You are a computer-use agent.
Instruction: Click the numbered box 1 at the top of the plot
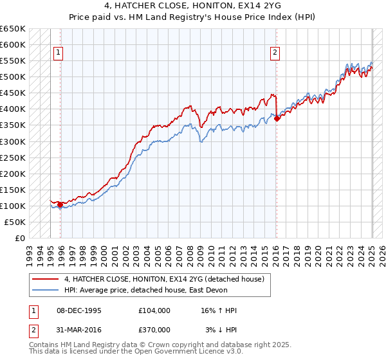[x=58, y=53]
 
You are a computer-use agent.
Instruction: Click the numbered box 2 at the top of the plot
[x=275, y=53]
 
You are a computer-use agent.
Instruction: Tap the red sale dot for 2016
[x=277, y=118]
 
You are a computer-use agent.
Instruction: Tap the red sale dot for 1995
[x=60, y=204]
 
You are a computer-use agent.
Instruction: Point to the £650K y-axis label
[x=13, y=29]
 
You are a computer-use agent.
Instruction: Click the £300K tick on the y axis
[x=13, y=141]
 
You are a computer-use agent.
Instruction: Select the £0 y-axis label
[x=21, y=238]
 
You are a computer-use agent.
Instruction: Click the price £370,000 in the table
[x=154, y=330]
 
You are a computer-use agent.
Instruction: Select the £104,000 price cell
[x=154, y=310]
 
